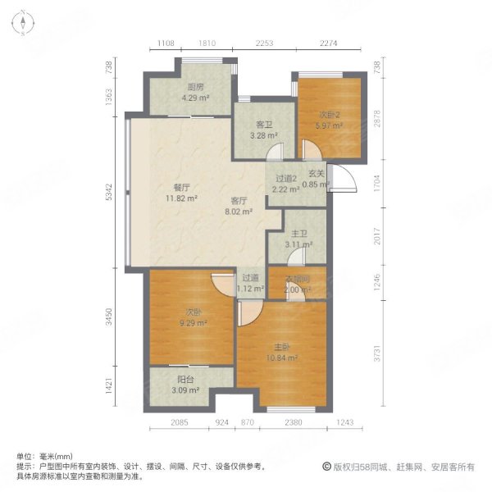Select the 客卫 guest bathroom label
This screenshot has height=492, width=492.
coord(264,124)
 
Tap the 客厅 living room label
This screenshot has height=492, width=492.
coord(239,200)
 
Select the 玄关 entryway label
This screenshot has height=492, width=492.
coord(317,174)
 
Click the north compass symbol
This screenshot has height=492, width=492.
coord(25,24)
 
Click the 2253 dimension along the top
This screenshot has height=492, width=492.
coord(264,43)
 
